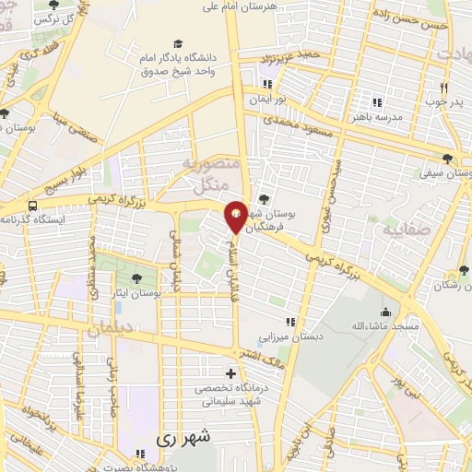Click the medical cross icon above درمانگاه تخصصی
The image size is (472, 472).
pyautogui.click(x=230, y=374)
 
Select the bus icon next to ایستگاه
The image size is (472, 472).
pyautogui.click(x=33, y=206)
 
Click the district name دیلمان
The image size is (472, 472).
pyautogui.click(x=110, y=328)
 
